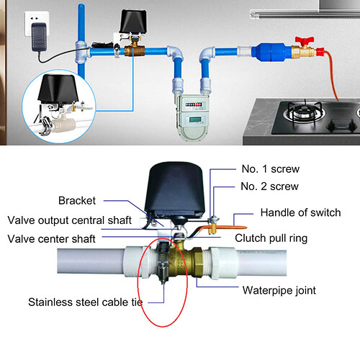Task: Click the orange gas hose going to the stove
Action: tap(333, 79)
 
